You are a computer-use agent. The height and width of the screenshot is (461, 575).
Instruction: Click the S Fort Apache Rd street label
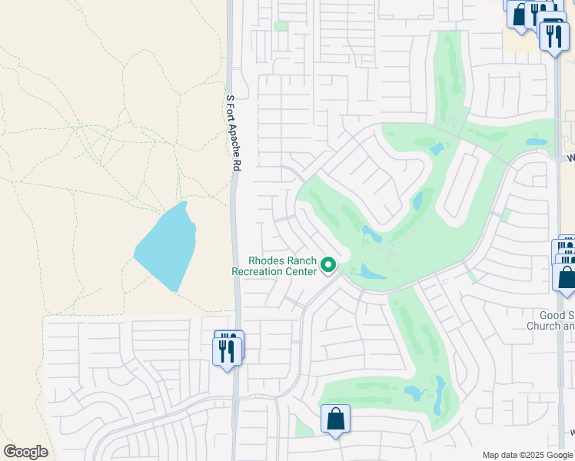pyautogui.click(x=234, y=132)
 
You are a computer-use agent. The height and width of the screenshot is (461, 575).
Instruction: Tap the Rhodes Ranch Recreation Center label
pyautogui.click(x=274, y=266)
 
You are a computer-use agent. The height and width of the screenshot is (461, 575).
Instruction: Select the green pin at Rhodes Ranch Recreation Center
pyautogui.click(x=329, y=265)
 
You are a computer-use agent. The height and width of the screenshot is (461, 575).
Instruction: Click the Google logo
pyautogui.click(x=25, y=452)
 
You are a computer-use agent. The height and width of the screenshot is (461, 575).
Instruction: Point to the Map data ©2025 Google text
pyautogui.click(x=527, y=455)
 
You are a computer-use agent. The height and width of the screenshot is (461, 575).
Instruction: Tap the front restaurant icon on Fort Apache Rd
pyautogui.click(x=227, y=351)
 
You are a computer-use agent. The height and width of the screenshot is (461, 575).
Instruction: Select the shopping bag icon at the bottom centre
pyautogui.click(x=335, y=420)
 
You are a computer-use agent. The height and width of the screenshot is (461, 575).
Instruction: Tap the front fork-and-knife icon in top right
pyautogui.click(x=554, y=35)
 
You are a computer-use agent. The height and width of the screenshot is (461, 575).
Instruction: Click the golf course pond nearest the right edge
pyautogui.click(x=536, y=141)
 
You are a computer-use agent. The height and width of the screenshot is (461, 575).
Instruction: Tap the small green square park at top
pyautogui.click(x=281, y=26)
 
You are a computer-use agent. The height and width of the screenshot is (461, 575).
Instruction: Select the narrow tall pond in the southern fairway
pyautogui.click(x=440, y=393)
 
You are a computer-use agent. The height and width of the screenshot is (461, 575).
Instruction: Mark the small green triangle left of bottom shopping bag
pyautogui.click(x=304, y=428)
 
